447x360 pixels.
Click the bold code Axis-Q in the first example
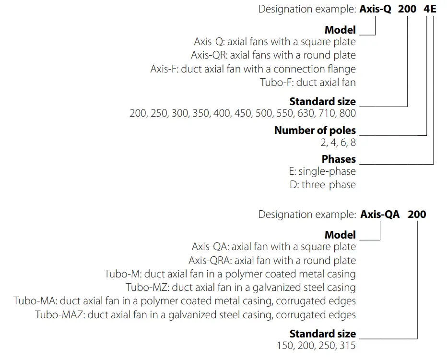point(376,9)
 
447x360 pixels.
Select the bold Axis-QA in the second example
point(380,214)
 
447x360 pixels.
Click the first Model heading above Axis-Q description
point(340,30)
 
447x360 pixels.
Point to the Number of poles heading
point(315,130)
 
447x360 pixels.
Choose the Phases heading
point(339,159)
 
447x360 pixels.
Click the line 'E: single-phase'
point(320,171)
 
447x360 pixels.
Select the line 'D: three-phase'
point(323,184)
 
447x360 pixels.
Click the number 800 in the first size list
point(347,114)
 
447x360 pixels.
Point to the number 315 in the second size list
point(347,346)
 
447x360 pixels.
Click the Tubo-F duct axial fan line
point(308,82)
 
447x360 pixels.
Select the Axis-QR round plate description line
point(273,55)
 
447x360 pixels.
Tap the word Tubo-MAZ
point(59,315)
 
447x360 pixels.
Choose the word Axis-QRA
point(209,261)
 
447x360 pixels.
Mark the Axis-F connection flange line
point(253,69)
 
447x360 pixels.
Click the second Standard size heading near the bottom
point(322,334)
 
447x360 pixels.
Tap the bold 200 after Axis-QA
point(417,214)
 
